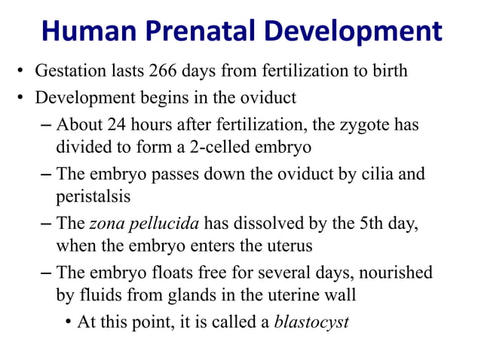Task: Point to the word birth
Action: pos(388,72)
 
